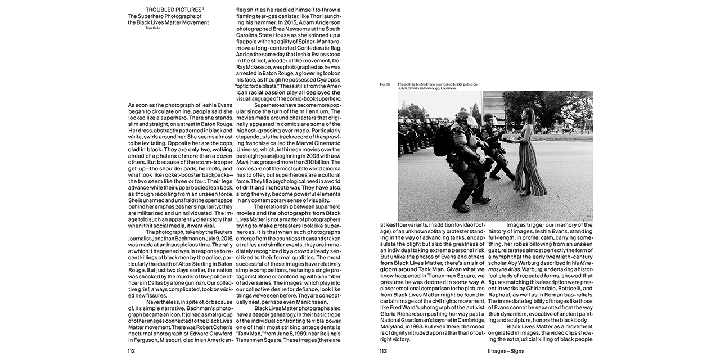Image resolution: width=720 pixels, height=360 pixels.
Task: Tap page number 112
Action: point(132,352)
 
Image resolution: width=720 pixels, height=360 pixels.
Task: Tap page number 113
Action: point(384,352)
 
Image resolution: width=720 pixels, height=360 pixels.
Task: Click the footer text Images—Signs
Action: point(493,352)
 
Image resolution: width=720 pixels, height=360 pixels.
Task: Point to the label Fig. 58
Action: point(385,84)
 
